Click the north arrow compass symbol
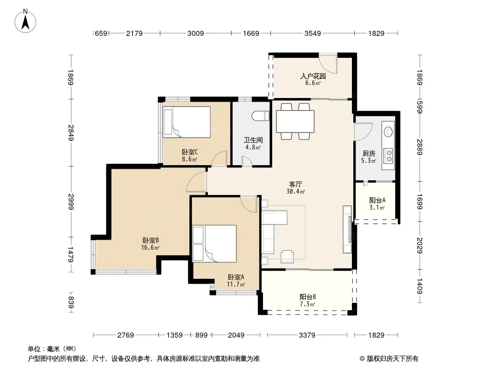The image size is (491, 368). [25, 21]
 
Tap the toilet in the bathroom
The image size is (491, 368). [261, 115]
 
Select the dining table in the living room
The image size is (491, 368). [295, 121]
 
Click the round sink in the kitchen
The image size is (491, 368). [389, 131]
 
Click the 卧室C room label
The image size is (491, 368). [190, 152]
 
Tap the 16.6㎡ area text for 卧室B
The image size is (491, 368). [150, 248]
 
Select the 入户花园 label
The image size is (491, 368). [313, 76]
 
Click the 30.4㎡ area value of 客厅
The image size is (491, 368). [296, 191]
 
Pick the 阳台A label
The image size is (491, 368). [377, 201]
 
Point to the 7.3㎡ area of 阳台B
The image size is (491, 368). [308, 304]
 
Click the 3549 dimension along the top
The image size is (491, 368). [312, 33]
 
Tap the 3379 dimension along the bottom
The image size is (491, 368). [307, 335]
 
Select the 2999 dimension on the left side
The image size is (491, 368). [71, 202]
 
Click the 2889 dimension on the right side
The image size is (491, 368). [420, 147]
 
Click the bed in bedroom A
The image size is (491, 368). [215, 243]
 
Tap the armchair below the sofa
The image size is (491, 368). [287, 256]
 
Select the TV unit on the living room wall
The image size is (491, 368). [347, 229]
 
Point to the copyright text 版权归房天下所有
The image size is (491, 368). [392, 359]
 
